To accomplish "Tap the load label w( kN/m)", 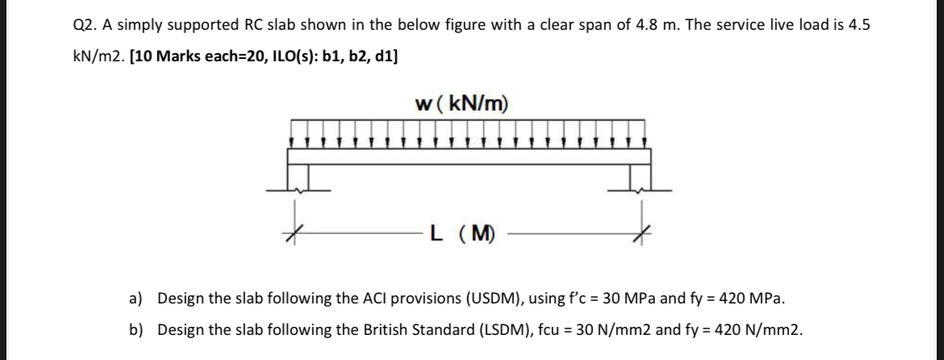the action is tap(462, 103).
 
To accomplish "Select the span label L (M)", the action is tap(463, 235).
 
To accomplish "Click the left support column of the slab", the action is tap(299, 175).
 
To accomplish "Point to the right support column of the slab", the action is tap(641, 175).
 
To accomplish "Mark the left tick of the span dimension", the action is tap(296, 234).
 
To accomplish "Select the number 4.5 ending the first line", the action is tap(857, 24).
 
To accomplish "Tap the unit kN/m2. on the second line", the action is tap(91, 57).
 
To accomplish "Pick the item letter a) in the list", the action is tap(136, 299).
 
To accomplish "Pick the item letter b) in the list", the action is tap(136, 330).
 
